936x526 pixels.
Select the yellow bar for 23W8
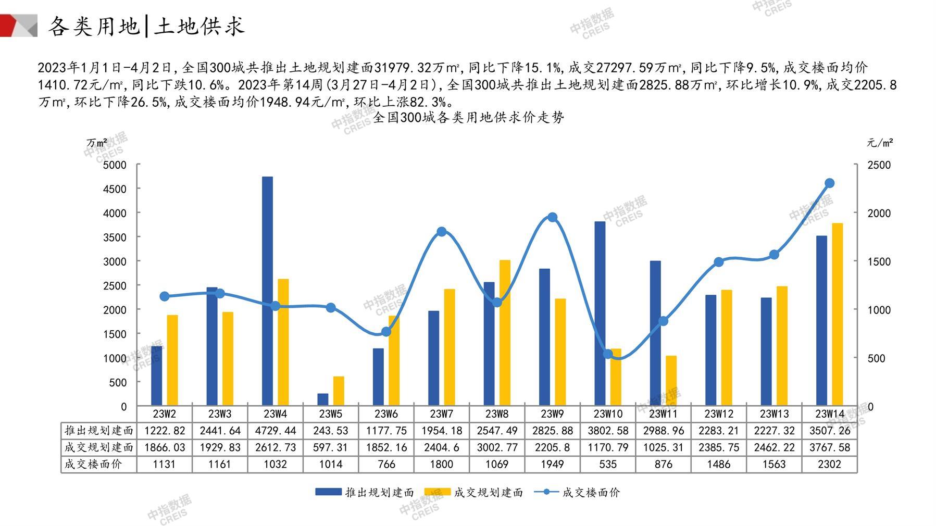coord(505,333)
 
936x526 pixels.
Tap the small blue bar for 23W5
coord(323,399)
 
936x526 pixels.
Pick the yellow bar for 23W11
coord(671,381)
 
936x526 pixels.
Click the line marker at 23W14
coord(830,183)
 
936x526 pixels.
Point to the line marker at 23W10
coord(608,354)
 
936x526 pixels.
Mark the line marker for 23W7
coord(442,232)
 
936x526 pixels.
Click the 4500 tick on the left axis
coord(115,189)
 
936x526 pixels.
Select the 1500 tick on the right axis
coord(879,261)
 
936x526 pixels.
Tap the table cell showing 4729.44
coord(275,431)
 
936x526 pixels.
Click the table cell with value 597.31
coord(330,447)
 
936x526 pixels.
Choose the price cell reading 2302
coord(829,464)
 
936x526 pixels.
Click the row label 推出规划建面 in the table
coord(99,431)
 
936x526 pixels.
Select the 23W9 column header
coord(552,414)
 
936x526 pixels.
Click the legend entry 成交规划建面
coord(474,492)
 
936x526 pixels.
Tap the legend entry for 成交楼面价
coord(578,492)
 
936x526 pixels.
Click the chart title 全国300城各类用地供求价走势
coord(468,118)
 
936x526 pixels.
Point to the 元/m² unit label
coord(880,143)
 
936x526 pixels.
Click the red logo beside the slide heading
coord(19,26)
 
